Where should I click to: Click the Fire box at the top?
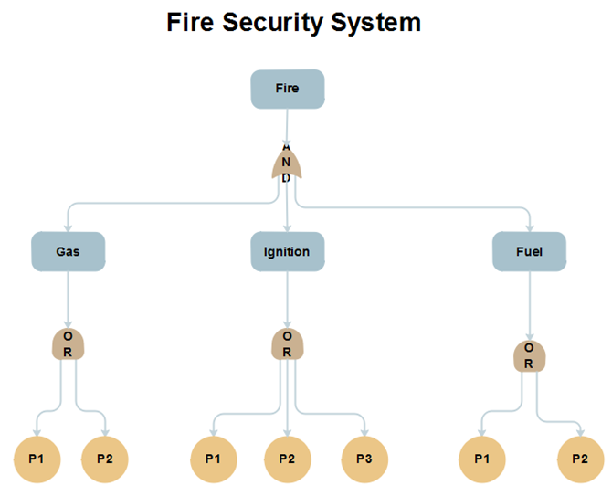tap(288, 89)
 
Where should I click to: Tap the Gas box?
tap(68, 251)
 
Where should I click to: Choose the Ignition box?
tap(288, 251)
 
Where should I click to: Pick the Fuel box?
tap(530, 251)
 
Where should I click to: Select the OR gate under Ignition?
tap(288, 343)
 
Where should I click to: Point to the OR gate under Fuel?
tap(530, 355)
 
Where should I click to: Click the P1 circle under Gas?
tap(37, 459)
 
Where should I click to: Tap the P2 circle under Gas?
tap(105, 459)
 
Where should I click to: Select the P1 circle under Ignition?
tap(213, 459)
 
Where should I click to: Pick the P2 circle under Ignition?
tap(288, 459)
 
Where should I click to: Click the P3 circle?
tap(364, 459)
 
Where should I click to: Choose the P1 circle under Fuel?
tap(481, 459)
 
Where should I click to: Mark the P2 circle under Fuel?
tap(580, 459)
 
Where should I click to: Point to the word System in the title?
tap(380, 22)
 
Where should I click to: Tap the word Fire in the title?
tap(189, 22)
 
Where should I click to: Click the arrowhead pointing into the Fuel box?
tap(530, 227)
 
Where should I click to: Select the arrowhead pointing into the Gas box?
tap(68, 227)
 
